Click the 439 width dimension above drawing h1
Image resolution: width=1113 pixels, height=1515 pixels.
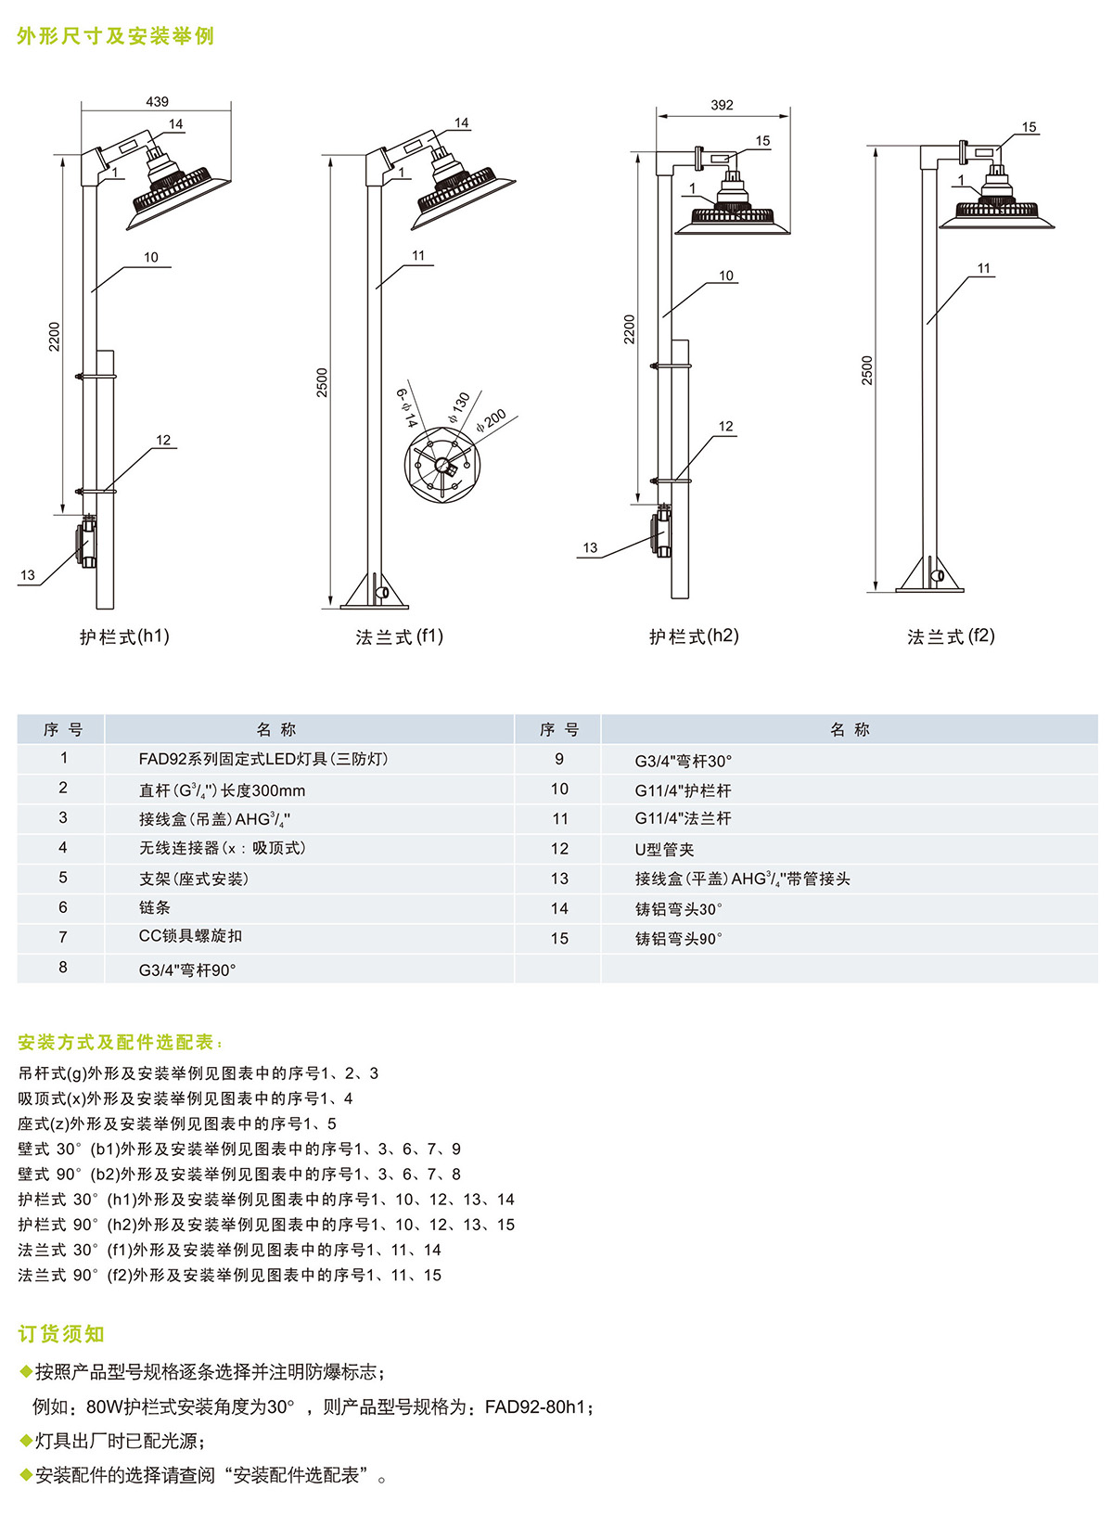[157, 102]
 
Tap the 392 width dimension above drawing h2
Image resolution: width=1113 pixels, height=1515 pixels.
[722, 106]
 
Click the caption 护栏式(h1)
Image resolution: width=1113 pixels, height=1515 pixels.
[124, 636]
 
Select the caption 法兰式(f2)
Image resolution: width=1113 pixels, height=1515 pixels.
[951, 636]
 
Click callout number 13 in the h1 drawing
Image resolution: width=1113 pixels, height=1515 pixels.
[28, 575]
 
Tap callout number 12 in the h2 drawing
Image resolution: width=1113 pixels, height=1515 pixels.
[725, 427]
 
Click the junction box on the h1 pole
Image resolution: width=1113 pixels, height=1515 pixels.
[87, 543]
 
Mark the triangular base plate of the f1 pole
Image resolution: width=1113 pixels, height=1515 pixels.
[374, 594]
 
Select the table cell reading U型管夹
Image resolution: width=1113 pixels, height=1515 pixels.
[664, 849]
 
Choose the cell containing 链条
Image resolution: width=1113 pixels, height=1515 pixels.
[155, 907]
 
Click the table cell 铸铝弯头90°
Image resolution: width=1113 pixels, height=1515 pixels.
[678, 939]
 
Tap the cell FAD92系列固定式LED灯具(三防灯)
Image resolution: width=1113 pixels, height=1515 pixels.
[263, 759]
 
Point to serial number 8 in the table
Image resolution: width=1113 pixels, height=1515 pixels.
[63, 967]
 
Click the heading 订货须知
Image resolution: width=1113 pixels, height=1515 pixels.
[61, 1334]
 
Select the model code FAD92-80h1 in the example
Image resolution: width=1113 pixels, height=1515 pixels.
[535, 1407]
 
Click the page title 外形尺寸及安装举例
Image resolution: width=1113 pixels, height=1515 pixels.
[116, 36]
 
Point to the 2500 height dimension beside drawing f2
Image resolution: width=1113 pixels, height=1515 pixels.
[867, 370]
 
